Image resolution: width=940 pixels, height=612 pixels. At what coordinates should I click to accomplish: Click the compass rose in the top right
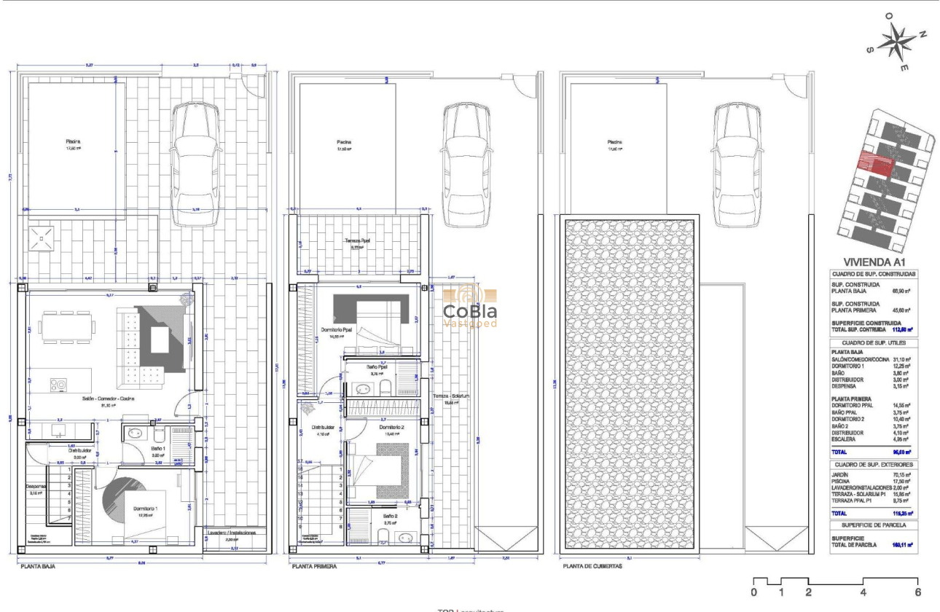[x=898, y=42]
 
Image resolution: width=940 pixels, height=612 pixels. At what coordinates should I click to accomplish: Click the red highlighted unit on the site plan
[x=877, y=162]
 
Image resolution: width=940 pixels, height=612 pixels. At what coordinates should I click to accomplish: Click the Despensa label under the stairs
[x=36, y=486]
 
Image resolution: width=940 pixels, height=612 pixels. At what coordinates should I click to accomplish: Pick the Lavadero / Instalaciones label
[x=231, y=533]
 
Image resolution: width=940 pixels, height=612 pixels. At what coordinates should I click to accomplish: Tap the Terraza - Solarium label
[x=452, y=396]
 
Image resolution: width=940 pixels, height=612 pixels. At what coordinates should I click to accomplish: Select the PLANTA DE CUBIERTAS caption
[x=592, y=565]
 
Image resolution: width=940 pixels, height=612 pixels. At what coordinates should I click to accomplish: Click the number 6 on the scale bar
[x=918, y=592]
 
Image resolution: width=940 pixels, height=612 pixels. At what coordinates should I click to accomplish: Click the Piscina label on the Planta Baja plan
[x=71, y=141]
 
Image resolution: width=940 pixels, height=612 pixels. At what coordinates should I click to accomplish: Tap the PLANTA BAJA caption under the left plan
[x=38, y=565]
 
